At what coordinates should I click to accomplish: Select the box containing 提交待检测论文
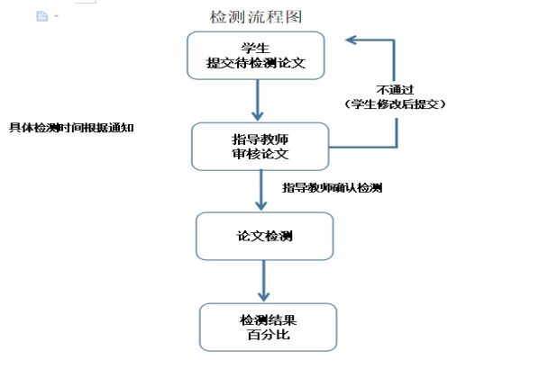click(x=257, y=55)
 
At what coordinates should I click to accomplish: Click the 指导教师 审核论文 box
click(x=259, y=146)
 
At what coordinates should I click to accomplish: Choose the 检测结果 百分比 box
click(x=268, y=327)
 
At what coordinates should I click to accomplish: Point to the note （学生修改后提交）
click(x=395, y=104)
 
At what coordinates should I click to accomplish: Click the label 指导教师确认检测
click(x=333, y=188)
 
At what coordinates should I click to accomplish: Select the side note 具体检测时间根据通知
click(x=72, y=127)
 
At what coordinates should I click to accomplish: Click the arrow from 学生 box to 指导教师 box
click(x=258, y=100)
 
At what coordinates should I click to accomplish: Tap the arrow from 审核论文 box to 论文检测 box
click(x=260, y=192)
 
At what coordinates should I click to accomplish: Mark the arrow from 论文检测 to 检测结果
click(x=263, y=281)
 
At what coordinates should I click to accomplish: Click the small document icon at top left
click(x=41, y=16)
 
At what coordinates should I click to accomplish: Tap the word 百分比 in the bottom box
click(x=268, y=336)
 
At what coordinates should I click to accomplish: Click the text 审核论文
click(x=259, y=155)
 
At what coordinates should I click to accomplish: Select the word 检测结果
click(x=268, y=319)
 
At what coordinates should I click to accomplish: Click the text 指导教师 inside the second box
click(x=259, y=139)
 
